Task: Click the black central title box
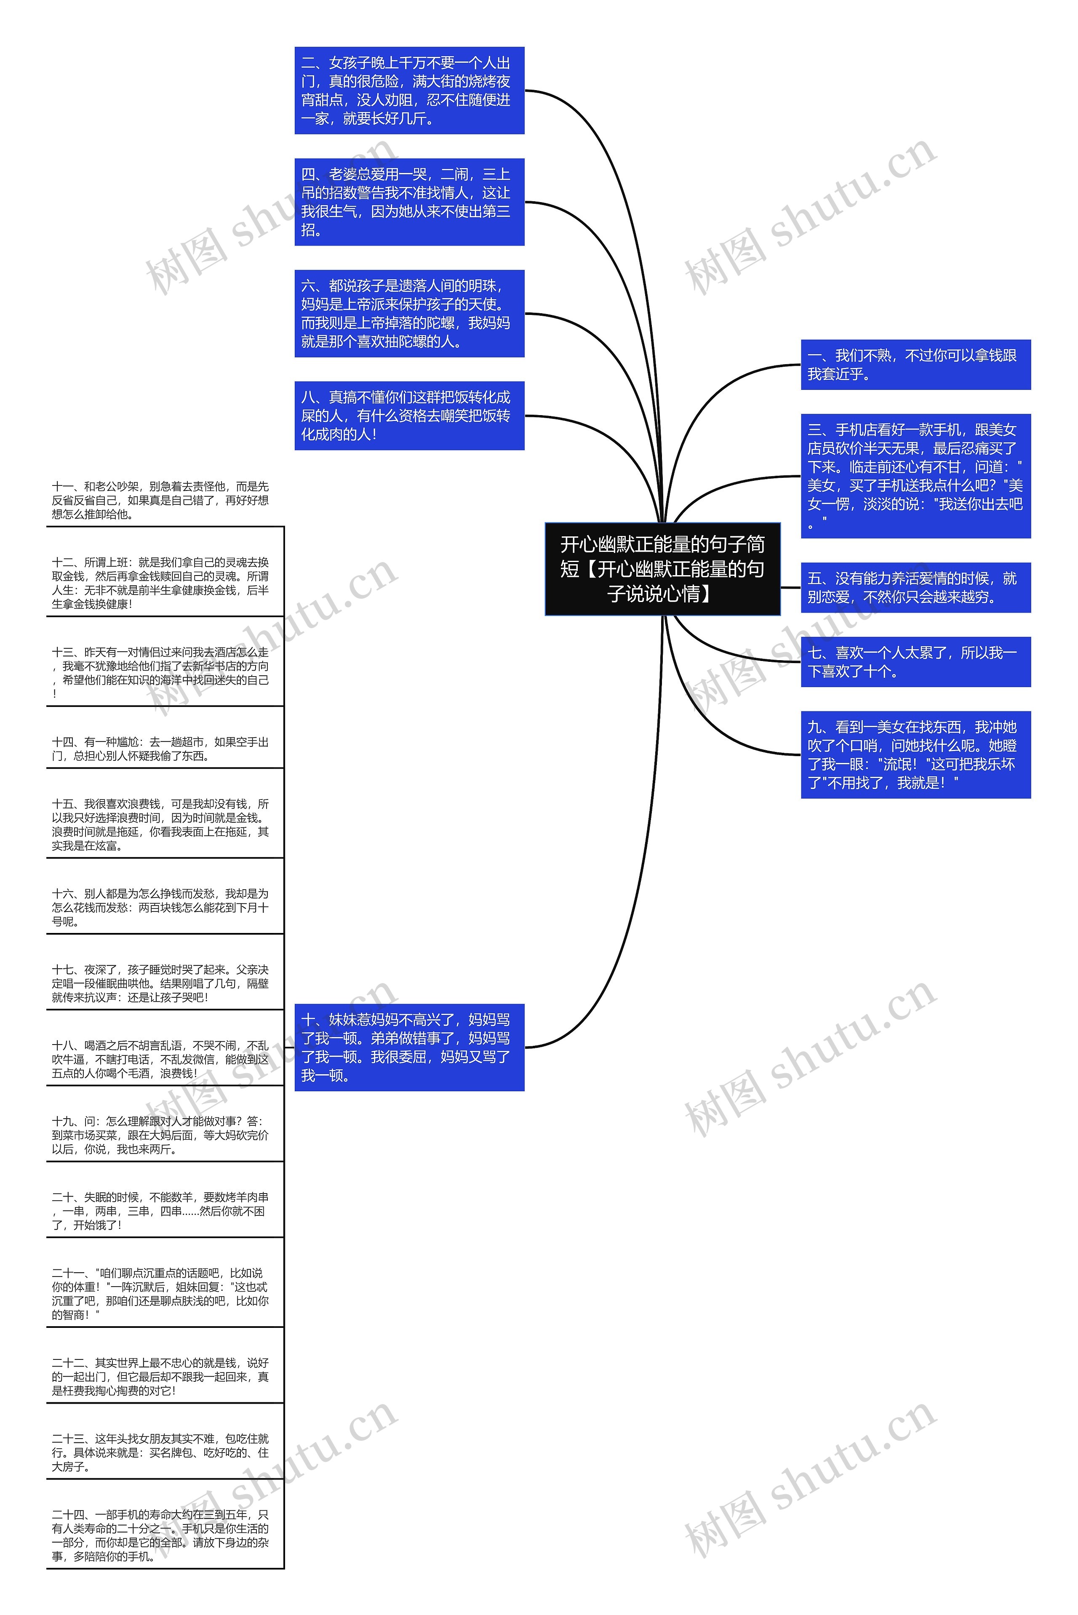(662, 569)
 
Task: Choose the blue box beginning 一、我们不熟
(916, 364)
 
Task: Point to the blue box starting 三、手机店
(916, 476)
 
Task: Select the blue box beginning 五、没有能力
(916, 588)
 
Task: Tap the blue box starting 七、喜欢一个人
(916, 662)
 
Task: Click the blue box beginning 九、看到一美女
(916, 754)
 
